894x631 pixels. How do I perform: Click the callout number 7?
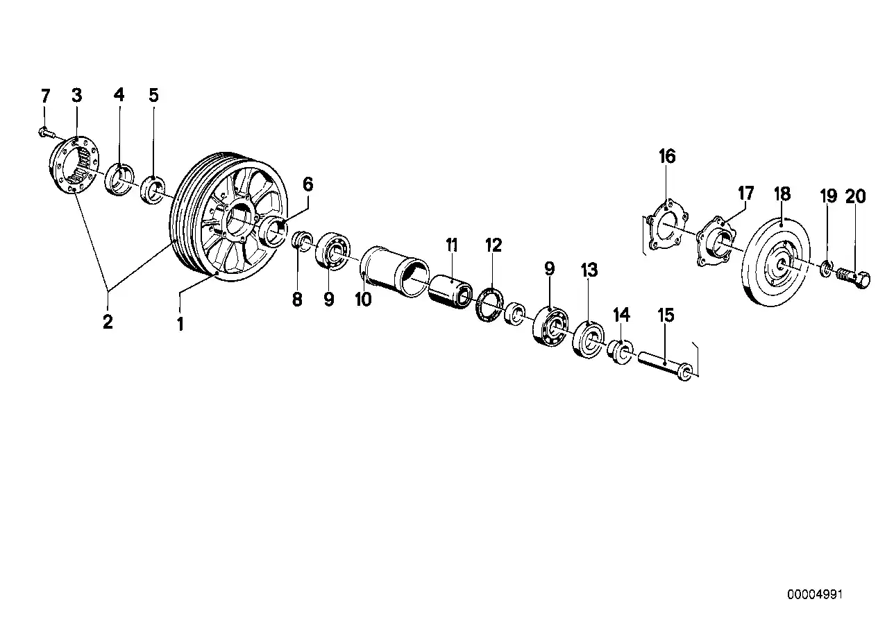pyautogui.click(x=46, y=96)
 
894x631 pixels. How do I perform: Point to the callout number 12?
pyautogui.click(x=493, y=245)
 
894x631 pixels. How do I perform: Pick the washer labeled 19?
pyautogui.click(x=826, y=267)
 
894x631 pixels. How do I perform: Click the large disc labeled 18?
pyautogui.click(x=776, y=261)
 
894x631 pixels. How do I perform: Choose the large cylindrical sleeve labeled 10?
pyautogui.click(x=394, y=271)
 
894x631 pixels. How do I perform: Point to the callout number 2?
pyautogui.click(x=108, y=322)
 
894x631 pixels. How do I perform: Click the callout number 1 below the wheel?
pyautogui.click(x=180, y=324)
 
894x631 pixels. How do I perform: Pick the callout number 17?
pyautogui.click(x=745, y=193)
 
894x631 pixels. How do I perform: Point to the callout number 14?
pyautogui.click(x=621, y=315)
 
